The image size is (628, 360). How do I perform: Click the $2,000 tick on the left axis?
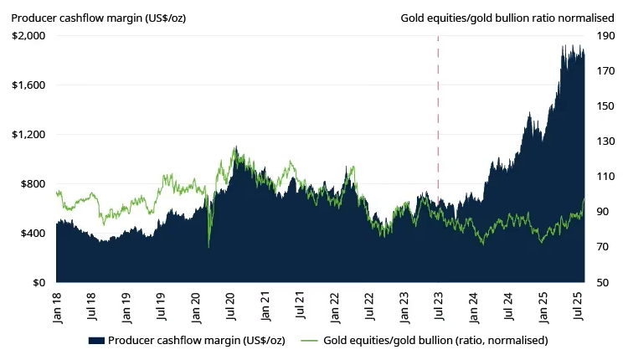29,36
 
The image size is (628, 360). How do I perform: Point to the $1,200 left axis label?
29,135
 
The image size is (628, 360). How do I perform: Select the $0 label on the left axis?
39,283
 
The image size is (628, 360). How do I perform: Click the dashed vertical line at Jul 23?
439,126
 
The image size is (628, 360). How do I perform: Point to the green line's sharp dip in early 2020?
208,246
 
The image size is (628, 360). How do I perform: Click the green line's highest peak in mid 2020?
234,148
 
